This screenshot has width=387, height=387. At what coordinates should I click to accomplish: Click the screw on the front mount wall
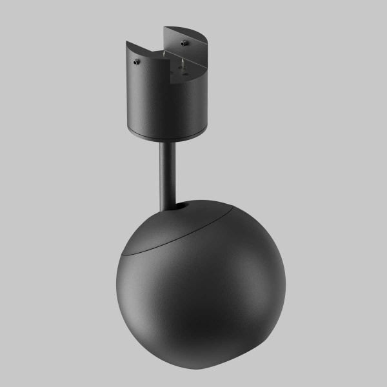(x=137, y=63)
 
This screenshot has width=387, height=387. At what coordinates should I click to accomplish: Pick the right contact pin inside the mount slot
(x=183, y=63)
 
